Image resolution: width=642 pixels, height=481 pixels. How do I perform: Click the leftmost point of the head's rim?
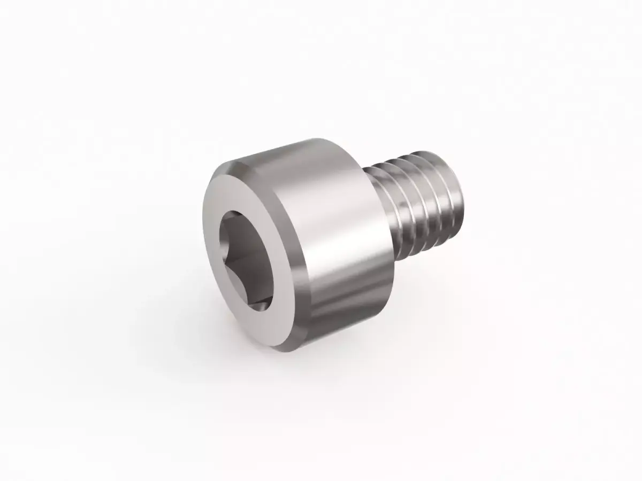(x=204, y=235)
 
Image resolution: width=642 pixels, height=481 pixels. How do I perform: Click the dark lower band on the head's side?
(x=342, y=310)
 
